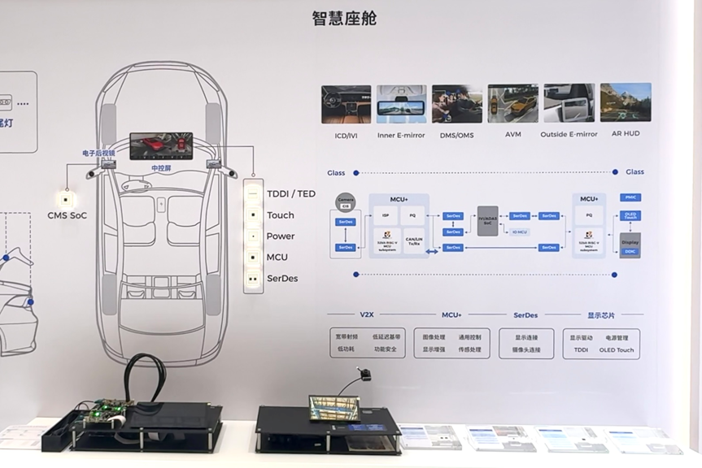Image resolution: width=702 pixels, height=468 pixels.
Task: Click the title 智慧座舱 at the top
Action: (x=344, y=18)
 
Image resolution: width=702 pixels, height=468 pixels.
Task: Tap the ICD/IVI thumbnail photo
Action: (x=346, y=104)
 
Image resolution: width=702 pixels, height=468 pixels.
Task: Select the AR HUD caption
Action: (x=626, y=134)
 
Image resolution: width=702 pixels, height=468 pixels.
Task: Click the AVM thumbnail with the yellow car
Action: (x=512, y=103)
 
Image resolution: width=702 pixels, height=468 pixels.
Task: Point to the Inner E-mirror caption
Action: (x=401, y=135)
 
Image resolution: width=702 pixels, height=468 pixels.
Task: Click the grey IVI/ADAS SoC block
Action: (x=487, y=220)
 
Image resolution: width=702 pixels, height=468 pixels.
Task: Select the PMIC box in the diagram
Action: (x=630, y=197)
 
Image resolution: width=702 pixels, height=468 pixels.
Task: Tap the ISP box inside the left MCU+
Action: (x=386, y=216)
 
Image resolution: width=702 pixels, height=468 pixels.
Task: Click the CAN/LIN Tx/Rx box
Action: (x=414, y=240)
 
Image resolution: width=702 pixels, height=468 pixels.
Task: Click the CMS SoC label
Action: (x=67, y=215)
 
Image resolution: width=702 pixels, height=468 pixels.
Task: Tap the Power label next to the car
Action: (x=281, y=236)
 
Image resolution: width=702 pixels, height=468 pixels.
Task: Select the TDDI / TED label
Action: (x=290, y=194)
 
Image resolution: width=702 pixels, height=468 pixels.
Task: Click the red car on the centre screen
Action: (x=153, y=145)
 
